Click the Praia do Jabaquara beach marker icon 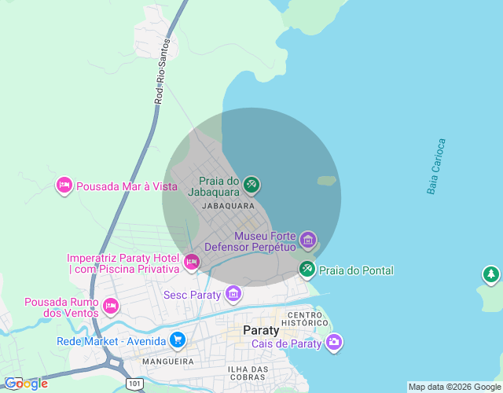251,185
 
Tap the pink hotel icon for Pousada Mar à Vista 64,185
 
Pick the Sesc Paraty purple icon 233,295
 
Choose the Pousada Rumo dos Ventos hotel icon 111,305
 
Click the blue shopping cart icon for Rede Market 178,340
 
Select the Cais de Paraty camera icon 334,342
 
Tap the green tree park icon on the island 491,274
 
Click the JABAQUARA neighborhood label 228,206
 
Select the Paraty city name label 262,329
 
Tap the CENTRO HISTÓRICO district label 307,318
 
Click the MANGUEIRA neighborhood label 168,362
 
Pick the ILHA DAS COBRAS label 248,373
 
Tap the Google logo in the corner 25,383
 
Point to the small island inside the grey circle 327,181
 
